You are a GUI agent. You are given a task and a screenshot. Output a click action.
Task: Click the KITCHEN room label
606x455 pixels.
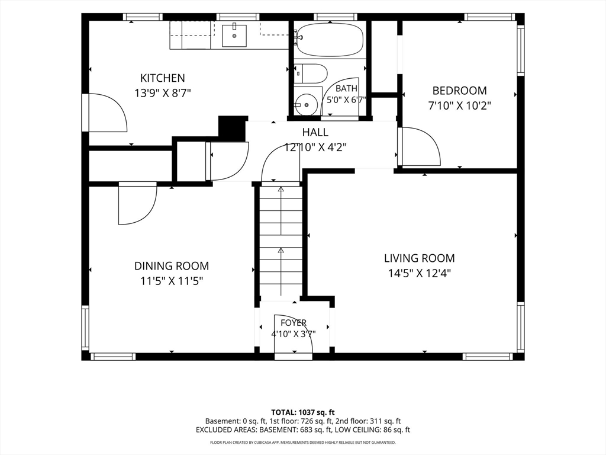coord(162,78)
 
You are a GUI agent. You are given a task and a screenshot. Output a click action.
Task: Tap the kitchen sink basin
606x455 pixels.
coord(234,36)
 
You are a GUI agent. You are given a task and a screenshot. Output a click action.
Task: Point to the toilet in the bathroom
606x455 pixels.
coord(311,73)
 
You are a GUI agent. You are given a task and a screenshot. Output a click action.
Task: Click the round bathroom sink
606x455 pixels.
coord(307,104)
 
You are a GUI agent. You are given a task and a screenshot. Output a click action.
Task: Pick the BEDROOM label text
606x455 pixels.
coord(459,91)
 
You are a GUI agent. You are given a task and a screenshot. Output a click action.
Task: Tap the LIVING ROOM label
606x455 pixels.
coord(420,258)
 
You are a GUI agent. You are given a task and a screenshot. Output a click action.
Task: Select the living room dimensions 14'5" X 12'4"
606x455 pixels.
coord(420,274)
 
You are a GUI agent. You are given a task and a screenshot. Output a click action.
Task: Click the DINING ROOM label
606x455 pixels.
coord(172,266)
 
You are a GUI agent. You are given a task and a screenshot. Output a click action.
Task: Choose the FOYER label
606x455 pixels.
coord(294,323)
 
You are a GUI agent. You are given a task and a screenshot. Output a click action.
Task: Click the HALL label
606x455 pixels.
coord(315,132)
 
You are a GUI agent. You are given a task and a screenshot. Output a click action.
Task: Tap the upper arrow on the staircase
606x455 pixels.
coord(281,211)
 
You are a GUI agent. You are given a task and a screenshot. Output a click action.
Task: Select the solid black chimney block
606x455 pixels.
coord(233,128)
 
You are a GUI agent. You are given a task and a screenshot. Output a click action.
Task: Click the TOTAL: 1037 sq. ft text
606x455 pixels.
coord(302,412)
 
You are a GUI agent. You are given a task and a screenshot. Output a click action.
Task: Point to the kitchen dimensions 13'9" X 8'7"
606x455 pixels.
coord(163,93)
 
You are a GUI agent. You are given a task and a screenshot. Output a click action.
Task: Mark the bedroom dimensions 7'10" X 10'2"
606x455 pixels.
coord(459,105)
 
